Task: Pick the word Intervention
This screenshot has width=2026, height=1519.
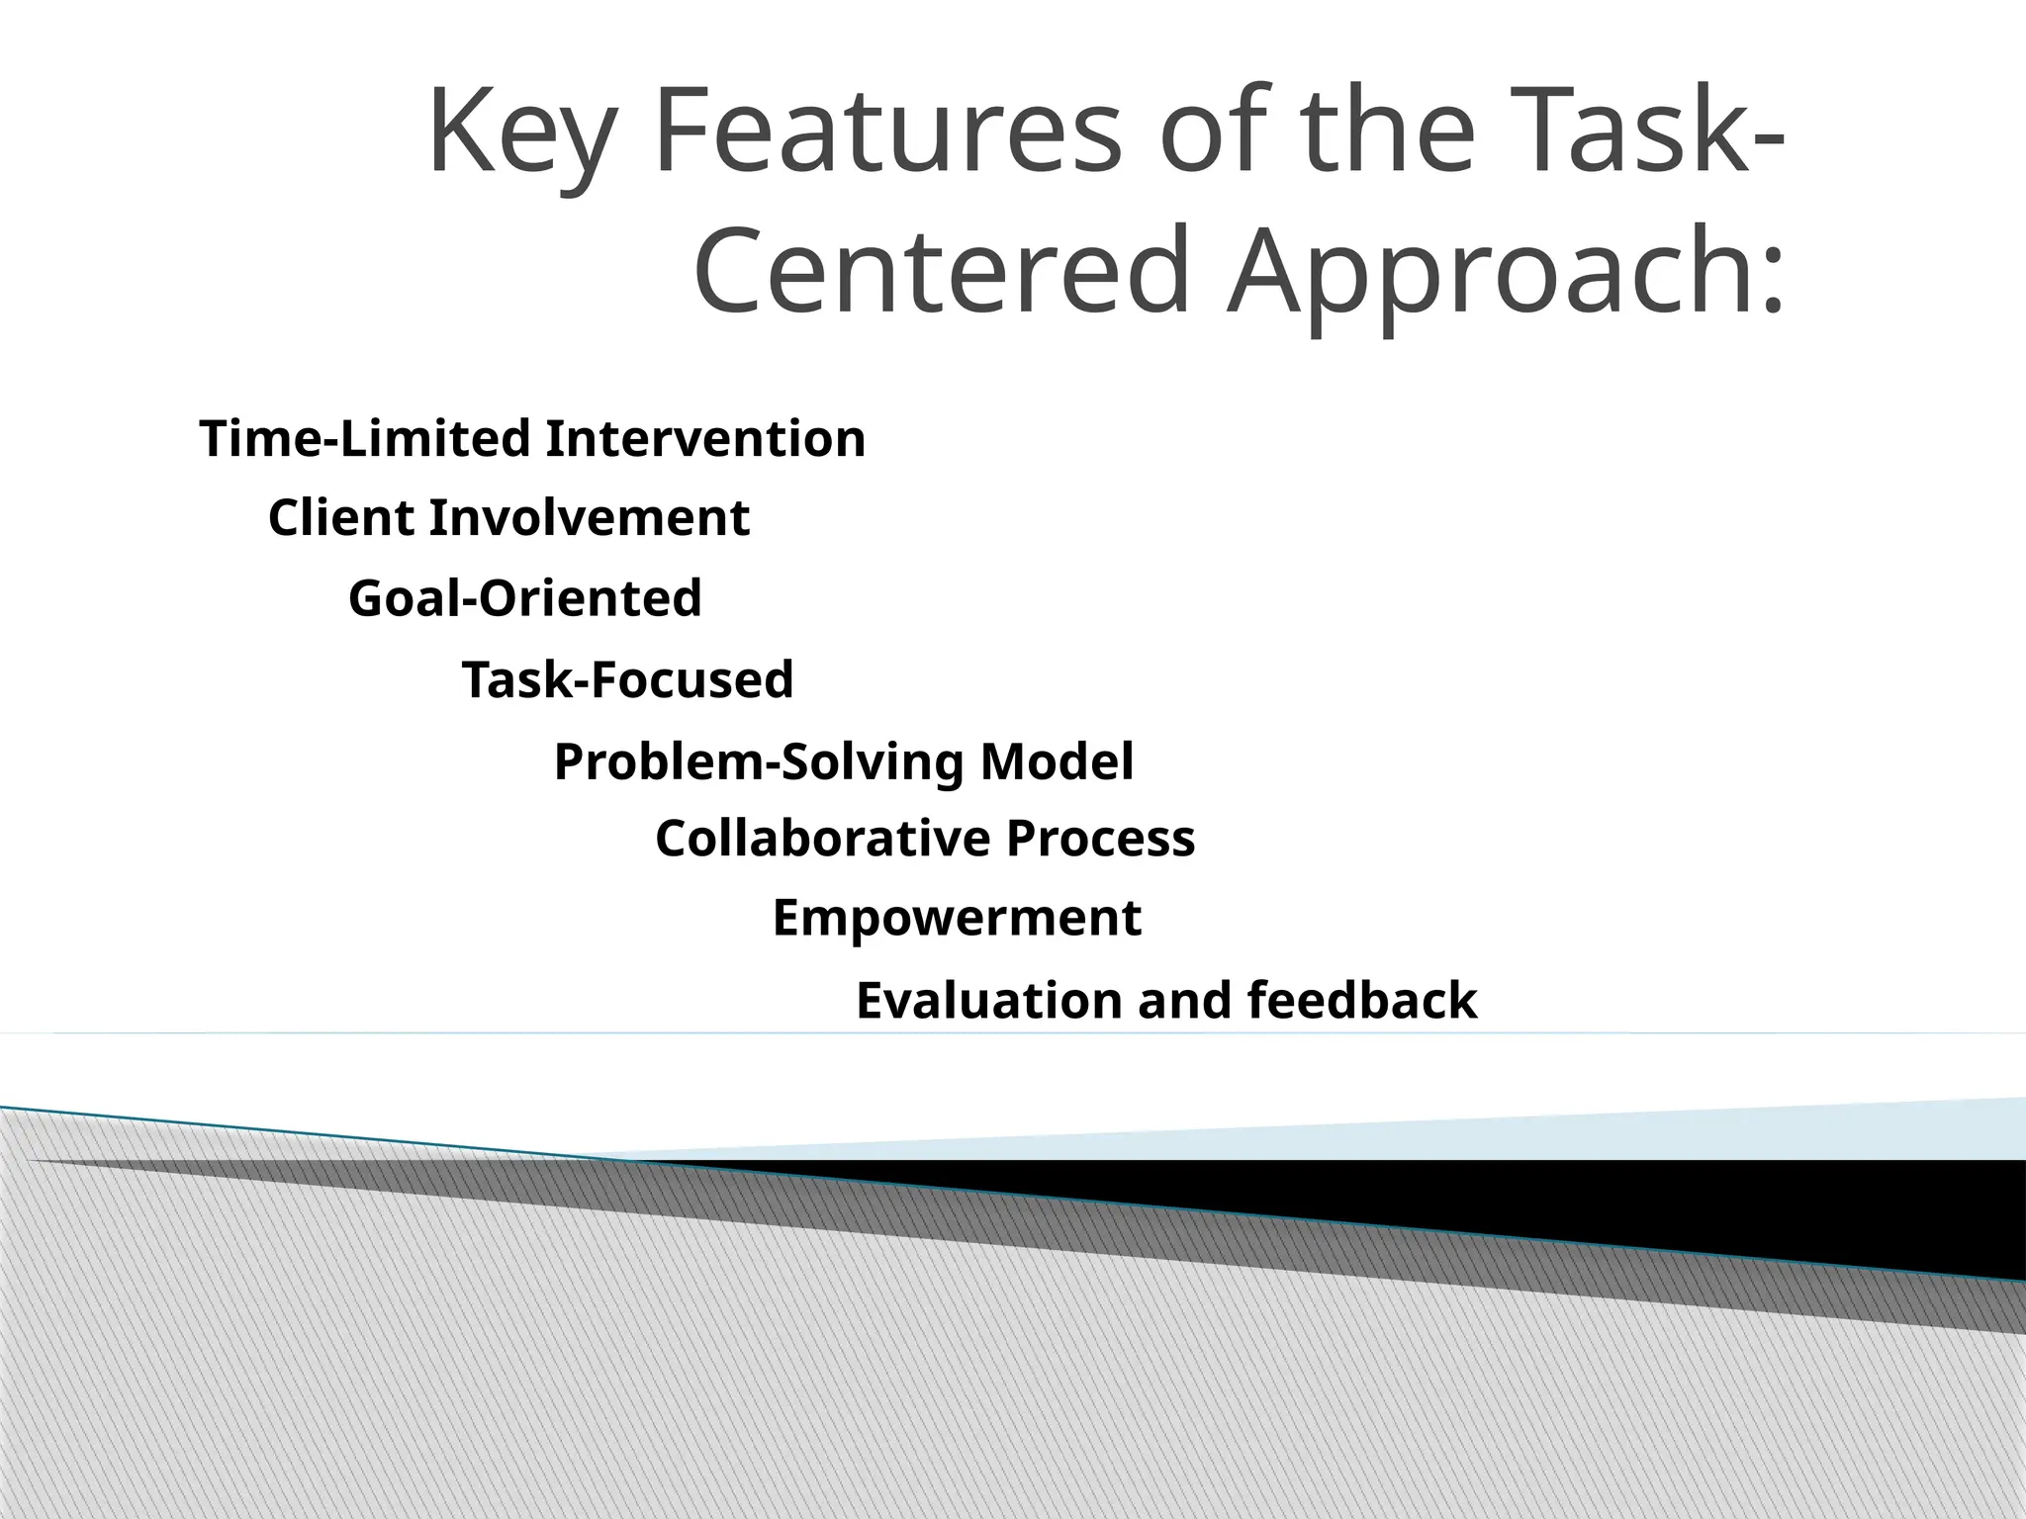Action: [x=705, y=438]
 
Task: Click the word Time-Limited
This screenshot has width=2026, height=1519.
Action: [x=365, y=438]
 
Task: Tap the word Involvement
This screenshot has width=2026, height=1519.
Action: [x=589, y=518]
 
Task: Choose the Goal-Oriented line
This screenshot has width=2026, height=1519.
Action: [x=525, y=598]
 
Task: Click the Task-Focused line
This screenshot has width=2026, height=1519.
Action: [x=627, y=679]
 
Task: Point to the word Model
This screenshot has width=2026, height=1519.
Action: [x=1057, y=762]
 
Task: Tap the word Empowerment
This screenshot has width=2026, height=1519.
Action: [x=957, y=918]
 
